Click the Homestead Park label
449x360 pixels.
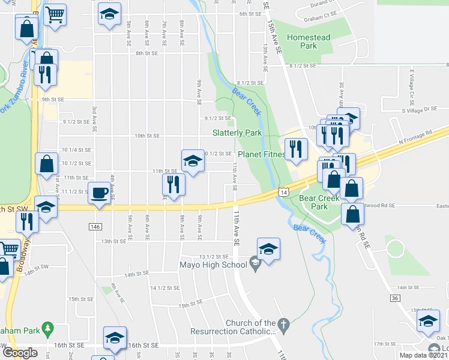[x=309, y=41]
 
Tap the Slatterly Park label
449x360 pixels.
[x=237, y=133]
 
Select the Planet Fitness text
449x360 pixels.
[x=261, y=154]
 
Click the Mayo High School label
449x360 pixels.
[x=213, y=264]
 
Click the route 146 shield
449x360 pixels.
[x=95, y=227]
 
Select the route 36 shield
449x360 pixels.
[x=394, y=298]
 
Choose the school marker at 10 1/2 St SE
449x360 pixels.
[x=191, y=160]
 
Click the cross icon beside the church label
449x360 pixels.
[x=284, y=327]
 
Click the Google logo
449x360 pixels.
[x=19, y=353]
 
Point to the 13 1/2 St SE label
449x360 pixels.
[x=214, y=256]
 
